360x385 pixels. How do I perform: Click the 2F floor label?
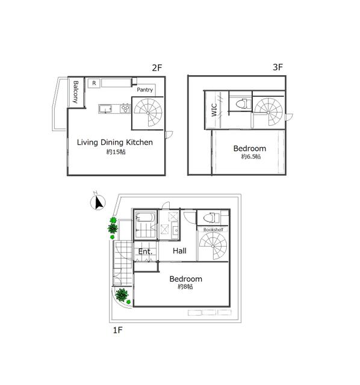click(157, 67)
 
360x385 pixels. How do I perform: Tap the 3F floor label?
click(278, 67)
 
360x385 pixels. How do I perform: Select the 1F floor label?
click(118, 330)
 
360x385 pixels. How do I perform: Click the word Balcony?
click(75, 92)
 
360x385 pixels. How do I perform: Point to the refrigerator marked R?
click(94, 83)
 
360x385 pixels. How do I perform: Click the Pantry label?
click(144, 90)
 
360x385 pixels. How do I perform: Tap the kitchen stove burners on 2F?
click(125, 108)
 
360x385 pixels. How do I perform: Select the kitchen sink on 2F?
click(105, 109)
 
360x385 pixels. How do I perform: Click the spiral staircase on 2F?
click(148, 112)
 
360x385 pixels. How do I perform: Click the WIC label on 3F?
click(214, 109)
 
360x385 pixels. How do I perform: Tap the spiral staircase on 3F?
click(268, 112)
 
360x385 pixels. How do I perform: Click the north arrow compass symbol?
click(98, 203)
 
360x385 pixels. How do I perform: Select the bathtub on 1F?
click(145, 218)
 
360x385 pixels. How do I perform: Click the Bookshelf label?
click(213, 230)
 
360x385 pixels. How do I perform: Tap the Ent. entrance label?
click(145, 251)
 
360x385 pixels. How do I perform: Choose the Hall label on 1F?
click(179, 251)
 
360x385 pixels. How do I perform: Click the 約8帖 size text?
click(185, 286)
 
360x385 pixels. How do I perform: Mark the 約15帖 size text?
click(116, 152)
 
